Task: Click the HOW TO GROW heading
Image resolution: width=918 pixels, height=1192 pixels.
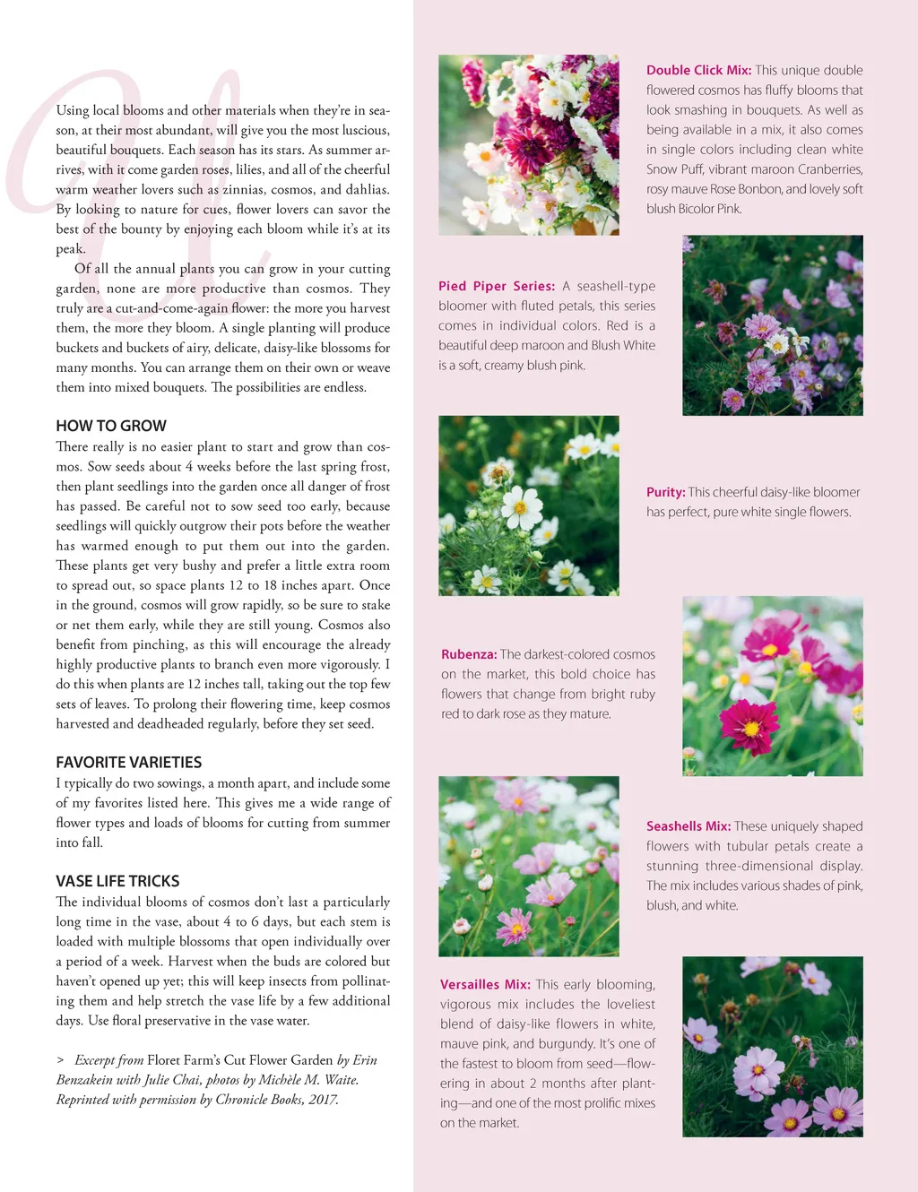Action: tap(111, 426)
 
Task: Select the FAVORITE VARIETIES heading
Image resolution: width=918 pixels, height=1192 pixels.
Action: tap(129, 762)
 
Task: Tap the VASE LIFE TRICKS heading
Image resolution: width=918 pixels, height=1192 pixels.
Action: tap(117, 881)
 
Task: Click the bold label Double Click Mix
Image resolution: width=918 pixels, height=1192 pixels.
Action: tap(698, 70)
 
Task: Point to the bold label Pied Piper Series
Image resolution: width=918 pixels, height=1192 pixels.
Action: tap(496, 286)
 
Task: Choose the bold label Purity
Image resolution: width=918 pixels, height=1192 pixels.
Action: tap(665, 492)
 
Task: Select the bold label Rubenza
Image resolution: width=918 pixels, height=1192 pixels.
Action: tap(468, 654)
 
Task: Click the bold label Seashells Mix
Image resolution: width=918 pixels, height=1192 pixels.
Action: tap(688, 826)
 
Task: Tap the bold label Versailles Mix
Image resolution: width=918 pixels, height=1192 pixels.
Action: tap(485, 984)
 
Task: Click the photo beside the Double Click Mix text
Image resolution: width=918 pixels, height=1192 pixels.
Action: tap(528, 145)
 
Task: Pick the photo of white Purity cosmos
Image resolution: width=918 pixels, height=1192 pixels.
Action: tap(528, 505)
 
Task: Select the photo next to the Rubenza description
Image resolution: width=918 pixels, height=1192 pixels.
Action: tap(772, 686)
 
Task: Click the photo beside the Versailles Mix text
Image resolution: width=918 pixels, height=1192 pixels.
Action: tap(772, 1046)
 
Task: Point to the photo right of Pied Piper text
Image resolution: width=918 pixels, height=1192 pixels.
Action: tap(772, 325)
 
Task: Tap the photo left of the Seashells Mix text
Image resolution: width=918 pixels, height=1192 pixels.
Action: tap(528, 866)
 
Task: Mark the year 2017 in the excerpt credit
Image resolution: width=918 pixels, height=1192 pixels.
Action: tap(323, 1100)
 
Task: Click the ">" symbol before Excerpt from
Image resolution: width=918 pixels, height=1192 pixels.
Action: tap(60, 1060)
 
